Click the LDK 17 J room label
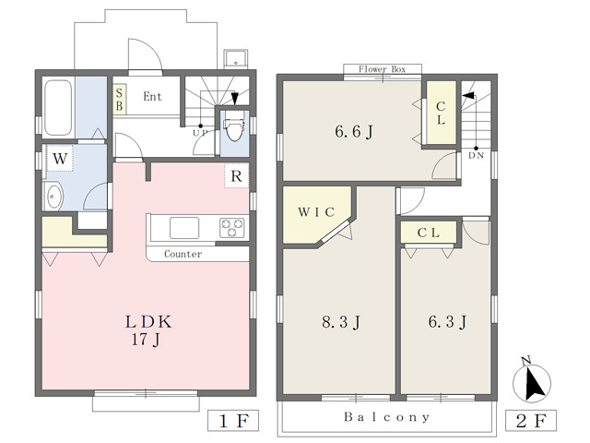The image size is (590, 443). pos(148,330)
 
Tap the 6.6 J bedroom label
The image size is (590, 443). pos(354,131)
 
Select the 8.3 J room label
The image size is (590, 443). pos(341,322)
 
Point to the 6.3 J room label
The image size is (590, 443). pos(447,322)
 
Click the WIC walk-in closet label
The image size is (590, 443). pos(316,212)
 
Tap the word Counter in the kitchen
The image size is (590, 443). pos(183,254)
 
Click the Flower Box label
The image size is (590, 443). pos(382,69)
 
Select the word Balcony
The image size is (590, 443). pos(386,417)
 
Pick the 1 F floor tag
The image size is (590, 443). pos(233,421)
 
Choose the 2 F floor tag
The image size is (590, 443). pos(531,421)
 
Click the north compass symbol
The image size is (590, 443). pos(532,380)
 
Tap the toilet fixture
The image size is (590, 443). pos(234,127)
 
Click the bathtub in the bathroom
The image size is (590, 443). pos(58,108)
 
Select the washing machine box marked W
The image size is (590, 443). pos(60,159)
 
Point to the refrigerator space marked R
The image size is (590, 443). pos(236,175)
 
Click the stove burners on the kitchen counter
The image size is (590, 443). pos(231,228)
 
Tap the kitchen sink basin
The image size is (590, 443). pos(184,228)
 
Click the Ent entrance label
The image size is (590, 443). pos(152,96)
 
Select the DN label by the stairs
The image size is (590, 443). pos(476,155)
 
